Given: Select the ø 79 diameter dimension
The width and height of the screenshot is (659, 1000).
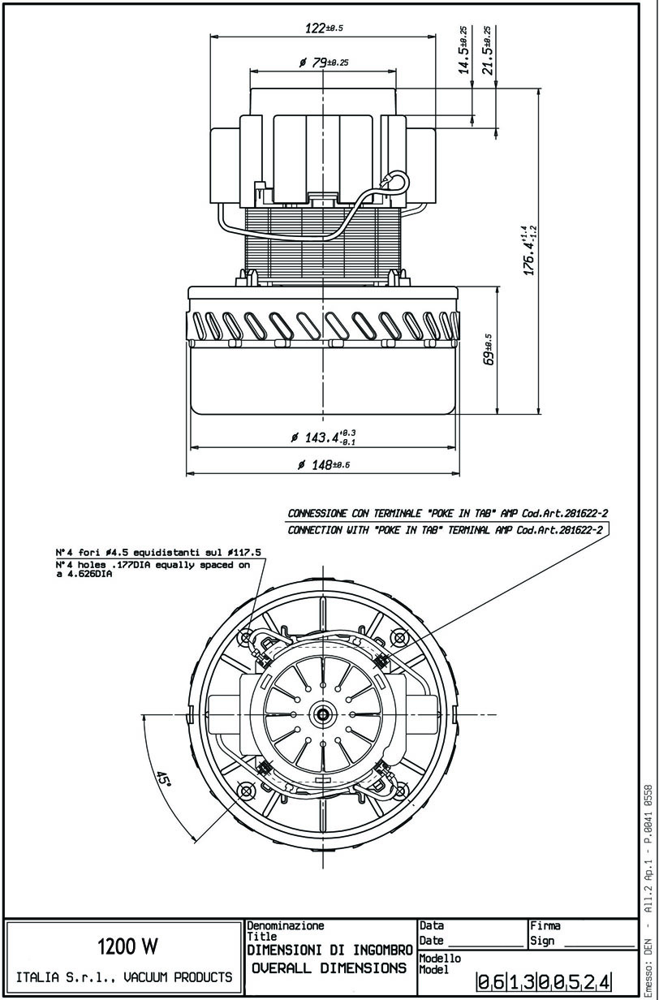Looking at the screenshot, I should click(x=324, y=62).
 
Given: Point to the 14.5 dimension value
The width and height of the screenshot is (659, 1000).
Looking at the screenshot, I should click(x=463, y=50).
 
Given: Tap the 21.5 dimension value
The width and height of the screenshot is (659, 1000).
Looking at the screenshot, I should click(x=487, y=50).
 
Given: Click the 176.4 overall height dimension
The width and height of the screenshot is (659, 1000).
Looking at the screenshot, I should click(x=529, y=250).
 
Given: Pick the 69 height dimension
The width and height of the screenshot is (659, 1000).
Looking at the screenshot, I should click(x=489, y=350).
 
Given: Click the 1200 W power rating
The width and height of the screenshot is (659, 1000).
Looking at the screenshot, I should click(x=127, y=946).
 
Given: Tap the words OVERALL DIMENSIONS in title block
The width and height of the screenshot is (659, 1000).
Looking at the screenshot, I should click(x=329, y=968).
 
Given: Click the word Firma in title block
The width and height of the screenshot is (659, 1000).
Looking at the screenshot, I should click(x=545, y=925).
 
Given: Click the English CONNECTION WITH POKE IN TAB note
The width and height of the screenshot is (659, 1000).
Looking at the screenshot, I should click(x=446, y=530).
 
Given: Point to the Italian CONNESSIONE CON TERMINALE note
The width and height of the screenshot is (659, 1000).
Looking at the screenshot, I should click(x=448, y=513).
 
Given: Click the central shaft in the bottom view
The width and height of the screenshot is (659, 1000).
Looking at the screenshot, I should click(x=325, y=714).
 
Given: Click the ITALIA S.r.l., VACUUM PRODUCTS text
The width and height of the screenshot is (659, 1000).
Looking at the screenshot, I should click(x=124, y=977).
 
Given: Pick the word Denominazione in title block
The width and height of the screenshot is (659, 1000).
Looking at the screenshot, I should click(x=285, y=925).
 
